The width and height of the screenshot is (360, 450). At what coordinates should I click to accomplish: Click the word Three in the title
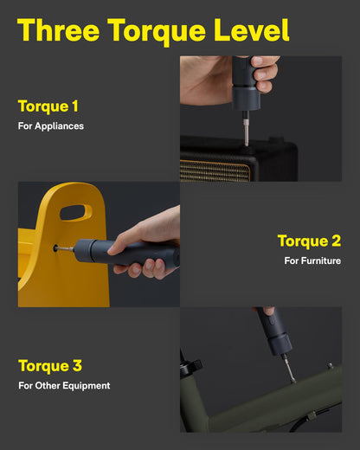(59, 30)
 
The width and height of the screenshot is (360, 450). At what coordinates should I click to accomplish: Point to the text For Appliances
(51, 126)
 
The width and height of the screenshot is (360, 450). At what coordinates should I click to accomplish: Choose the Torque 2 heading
(309, 241)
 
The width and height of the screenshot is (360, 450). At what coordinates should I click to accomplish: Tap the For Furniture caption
(312, 260)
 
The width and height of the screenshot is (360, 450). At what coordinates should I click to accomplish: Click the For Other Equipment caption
(64, 385)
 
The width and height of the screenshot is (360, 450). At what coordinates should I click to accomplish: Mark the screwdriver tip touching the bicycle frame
(292, 378)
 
